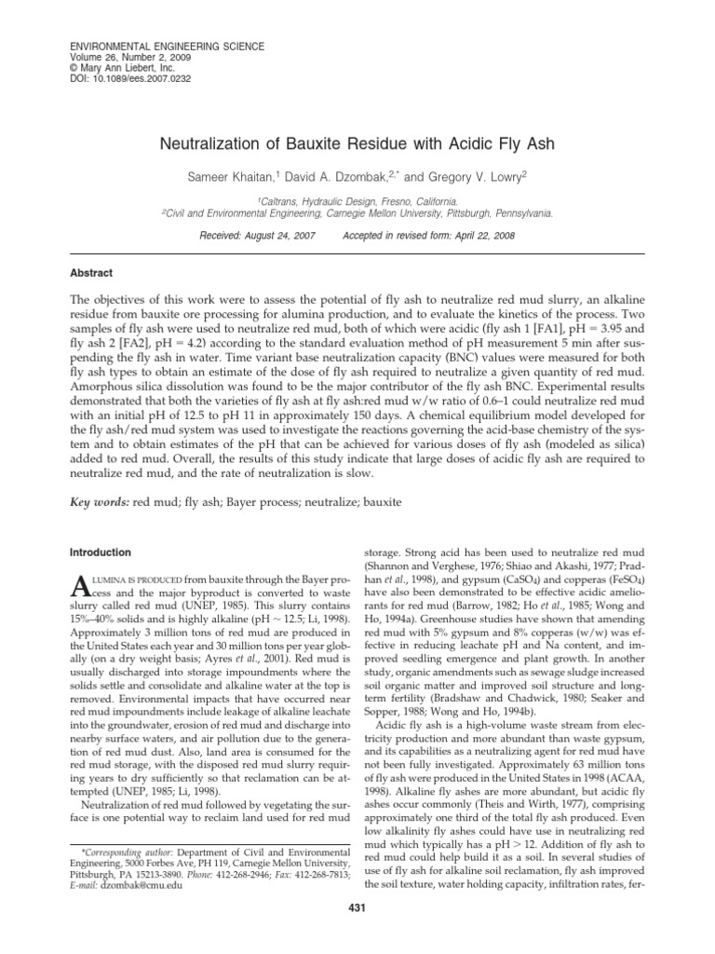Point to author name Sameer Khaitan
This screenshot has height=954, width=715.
[x=240, y=177]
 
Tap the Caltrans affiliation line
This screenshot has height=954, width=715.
[x=357, y=200]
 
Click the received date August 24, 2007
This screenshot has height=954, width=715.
[x=277, y=235]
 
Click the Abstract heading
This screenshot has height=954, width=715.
[x=92, y=273]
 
